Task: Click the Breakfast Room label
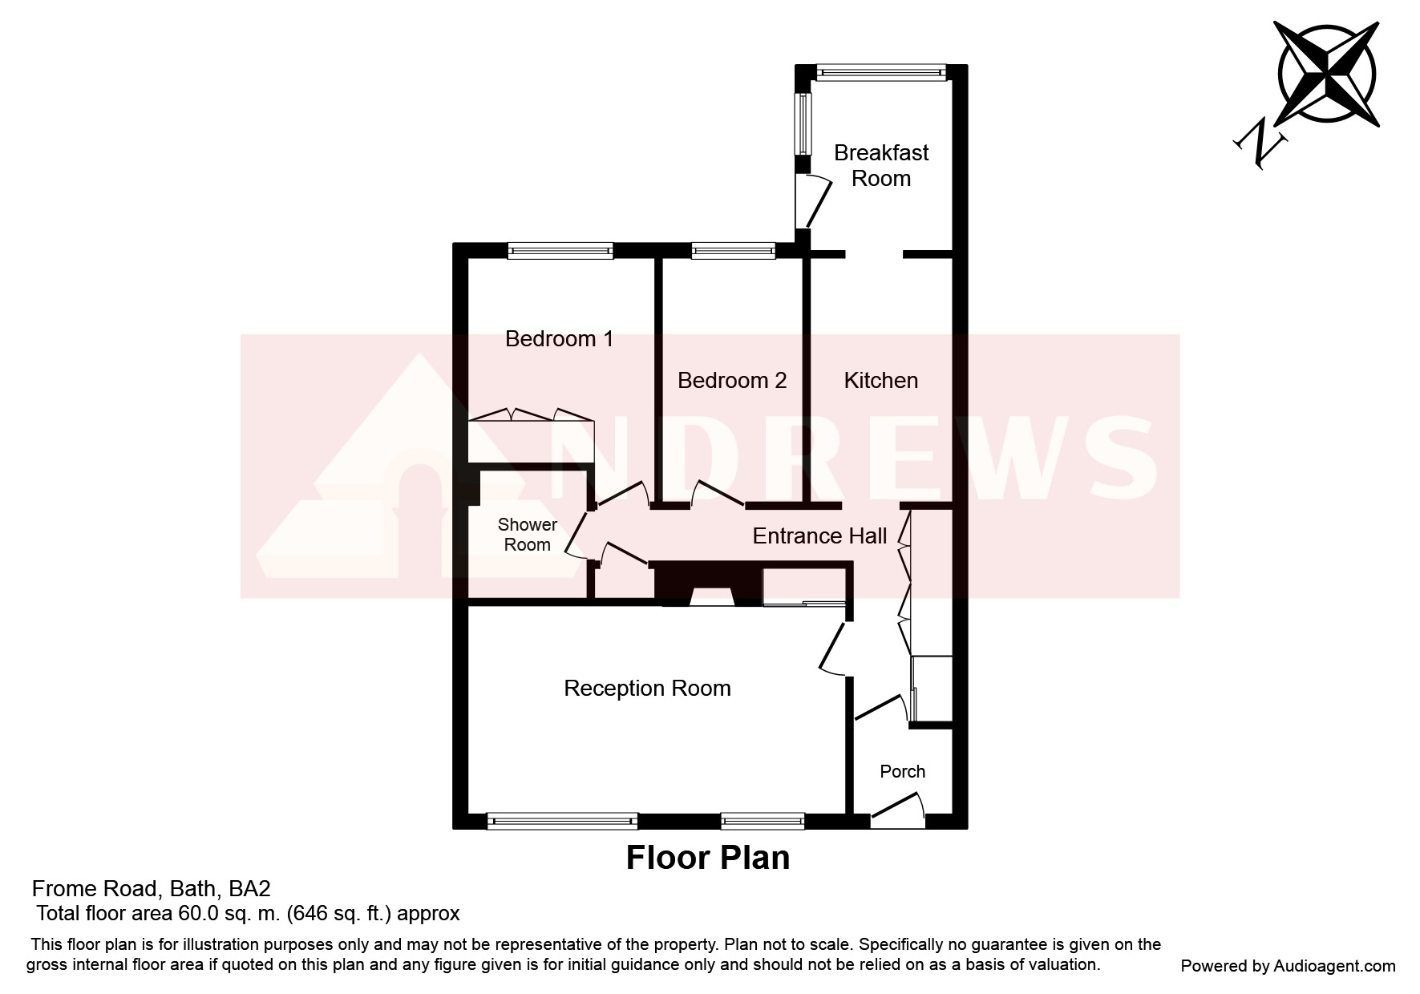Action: pyautogui.click(x=881, y=165)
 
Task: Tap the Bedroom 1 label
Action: pyautogui.click(x=559, y=339)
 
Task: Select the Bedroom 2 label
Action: pyautogui.click(x=732, y=380)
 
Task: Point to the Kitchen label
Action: pyautogui.click(x=880, y=380)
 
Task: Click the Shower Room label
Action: pyautogui.click(x=527, y=535)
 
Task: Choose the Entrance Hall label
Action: pyautogui.click(x=819, y=535)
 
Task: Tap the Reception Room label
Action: pyautogui.click(x=647, y=688)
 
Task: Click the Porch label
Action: pyautogui.click(x=902, y=771)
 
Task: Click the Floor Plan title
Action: pyautogui.click(x=707, y=858)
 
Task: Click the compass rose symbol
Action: pyautogui.click(x=1327, y=73)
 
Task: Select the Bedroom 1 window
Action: pyautogui.click(x=560, y=251)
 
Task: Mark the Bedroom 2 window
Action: pyautogui.click(x=733, y=251)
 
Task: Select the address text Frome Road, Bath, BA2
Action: pyautogui.click(x=151, y=889)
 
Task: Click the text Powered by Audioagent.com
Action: pyautogui.click(x=1288, y=966)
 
